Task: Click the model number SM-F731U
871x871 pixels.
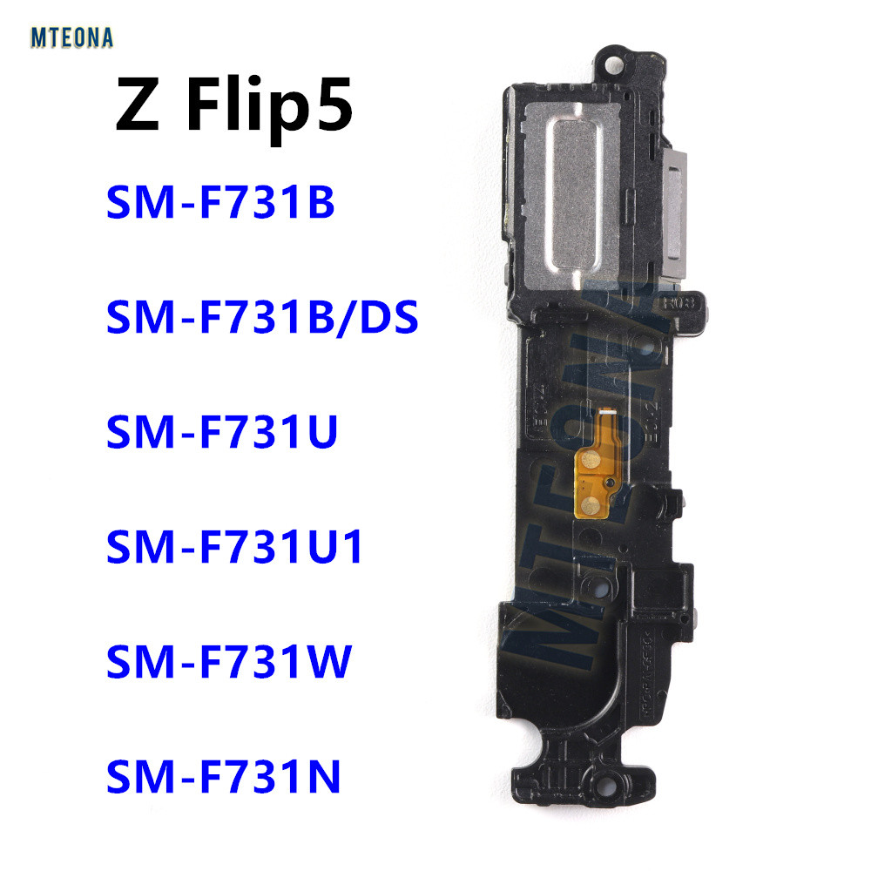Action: tap(221, 434)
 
